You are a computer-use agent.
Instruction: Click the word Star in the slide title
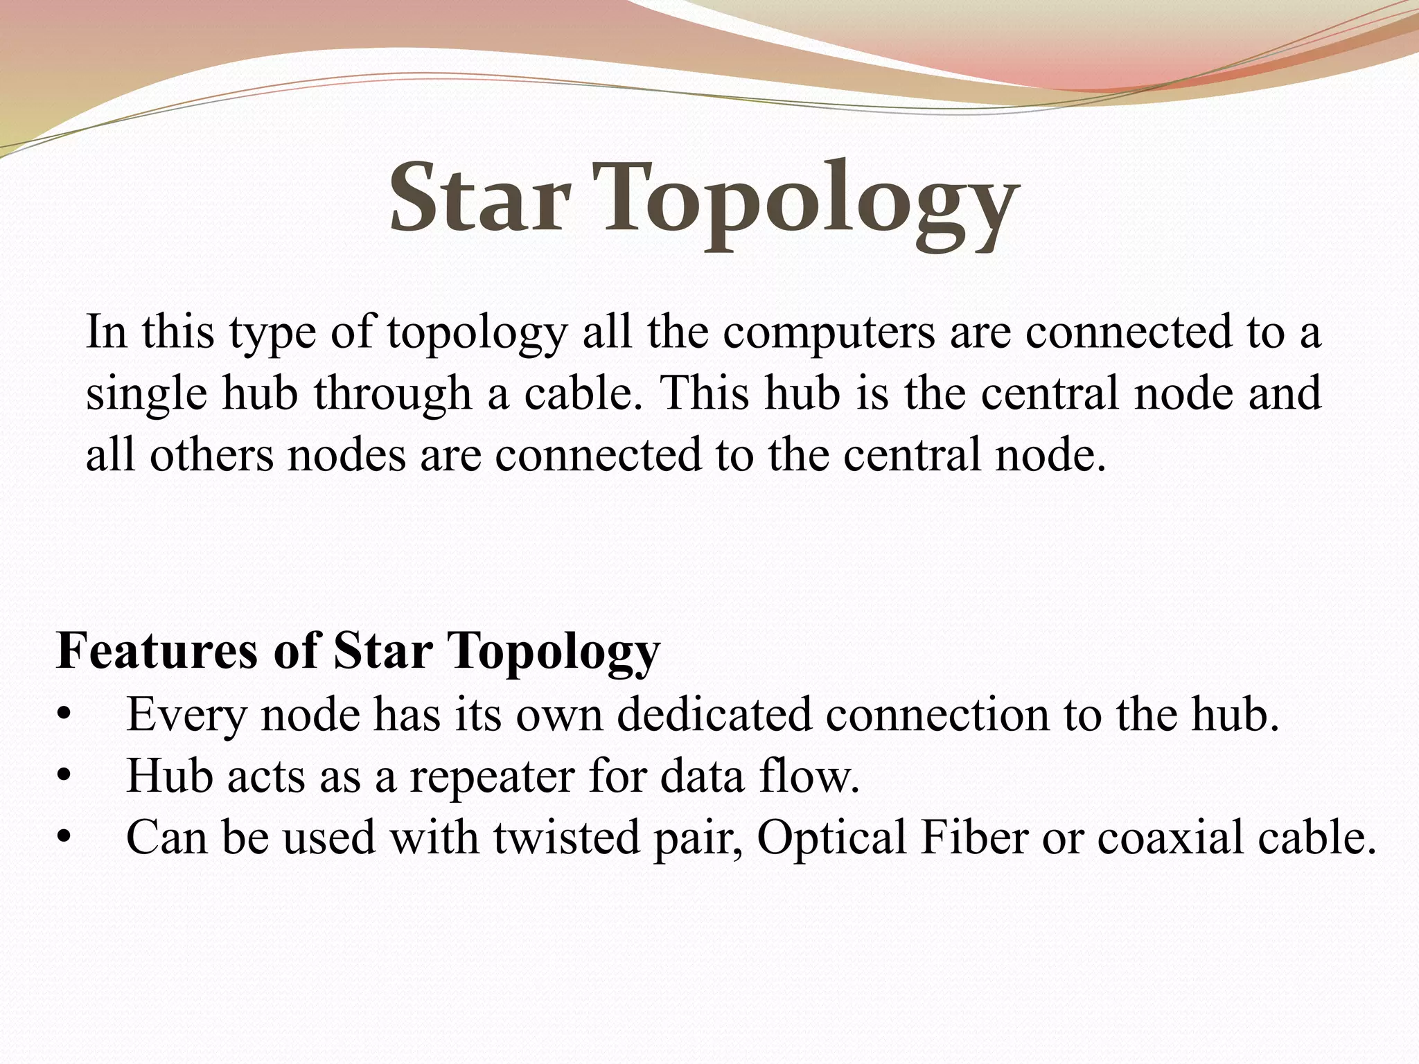coord(479,199)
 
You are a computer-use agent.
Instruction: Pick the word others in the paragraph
coord(211,455)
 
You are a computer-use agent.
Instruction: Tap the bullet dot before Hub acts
coord(64,777)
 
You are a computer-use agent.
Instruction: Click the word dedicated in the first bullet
coord(714,714)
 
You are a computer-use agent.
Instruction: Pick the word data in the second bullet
coord(702,776)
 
